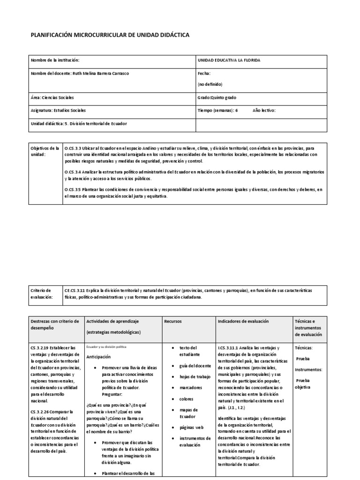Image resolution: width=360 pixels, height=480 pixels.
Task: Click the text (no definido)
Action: tap(210, 84)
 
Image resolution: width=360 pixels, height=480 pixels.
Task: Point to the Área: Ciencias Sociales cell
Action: tap(52, 97)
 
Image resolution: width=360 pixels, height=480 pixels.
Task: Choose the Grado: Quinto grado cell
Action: tap(217, 97)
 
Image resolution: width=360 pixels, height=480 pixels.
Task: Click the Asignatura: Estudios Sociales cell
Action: tap(58, 111)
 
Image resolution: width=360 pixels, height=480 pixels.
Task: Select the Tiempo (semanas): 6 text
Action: tap(218, 111)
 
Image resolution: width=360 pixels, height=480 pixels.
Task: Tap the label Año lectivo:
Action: tap(264, 111)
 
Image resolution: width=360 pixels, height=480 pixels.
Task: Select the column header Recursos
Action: tap(172, 322)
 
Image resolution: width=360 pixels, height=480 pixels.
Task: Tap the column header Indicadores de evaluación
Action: tap(243, 322)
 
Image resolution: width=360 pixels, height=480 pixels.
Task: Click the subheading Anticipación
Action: tap(99, 357)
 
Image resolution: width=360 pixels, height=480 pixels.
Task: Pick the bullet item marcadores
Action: tap(191, 388)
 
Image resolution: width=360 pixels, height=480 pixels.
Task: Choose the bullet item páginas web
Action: tap(192, 427)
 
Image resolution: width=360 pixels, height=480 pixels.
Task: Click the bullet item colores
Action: tap(187, 399)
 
